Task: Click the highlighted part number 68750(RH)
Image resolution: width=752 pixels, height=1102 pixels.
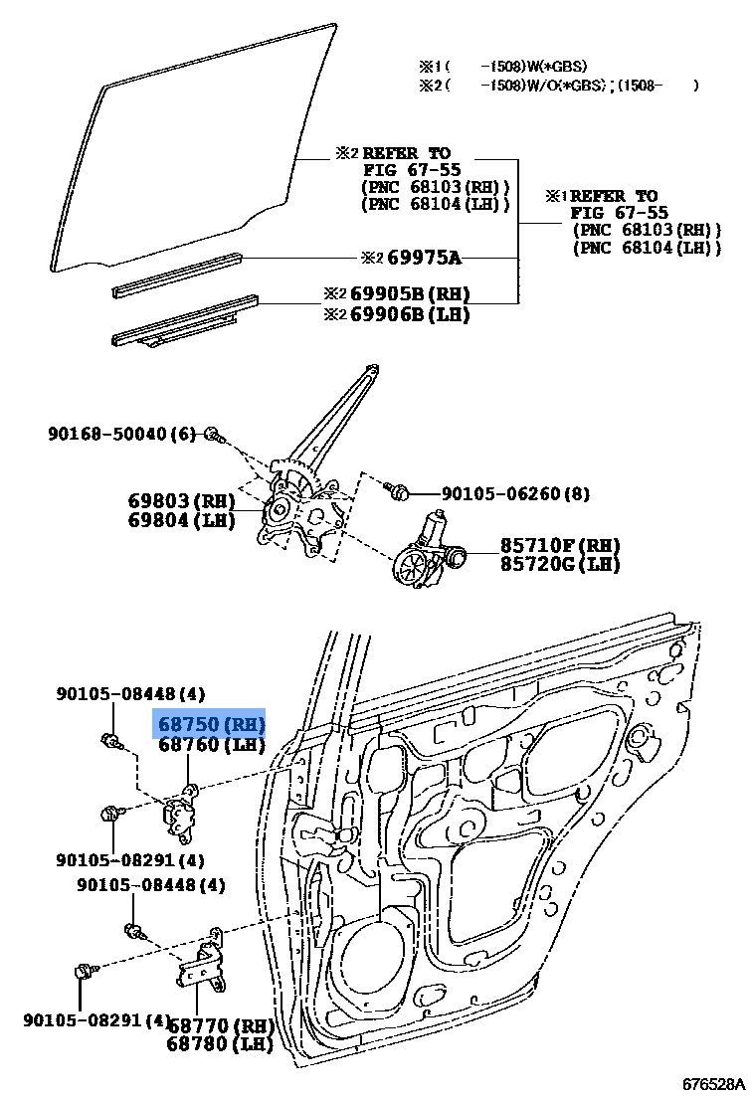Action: click(210, 723)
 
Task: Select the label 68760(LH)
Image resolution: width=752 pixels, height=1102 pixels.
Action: click(210, 744)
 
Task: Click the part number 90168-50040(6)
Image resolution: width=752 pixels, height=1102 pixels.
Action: click(121, 434)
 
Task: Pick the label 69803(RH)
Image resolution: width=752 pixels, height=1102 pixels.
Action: click(180, 500)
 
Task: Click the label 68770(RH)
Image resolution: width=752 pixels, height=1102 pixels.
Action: click(220, 1025)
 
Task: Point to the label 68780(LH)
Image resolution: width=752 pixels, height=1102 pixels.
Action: click(220, 1044)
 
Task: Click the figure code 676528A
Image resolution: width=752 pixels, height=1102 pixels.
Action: click(712, 1083)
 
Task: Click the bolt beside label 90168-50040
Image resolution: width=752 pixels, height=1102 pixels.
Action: click(213, 435)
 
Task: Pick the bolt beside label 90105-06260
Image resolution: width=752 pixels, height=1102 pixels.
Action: click(398, 491)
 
